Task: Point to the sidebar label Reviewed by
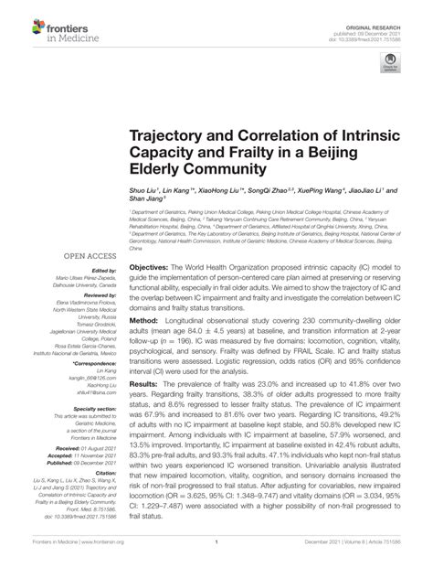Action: pyautogui.click(x=96, y=296)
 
